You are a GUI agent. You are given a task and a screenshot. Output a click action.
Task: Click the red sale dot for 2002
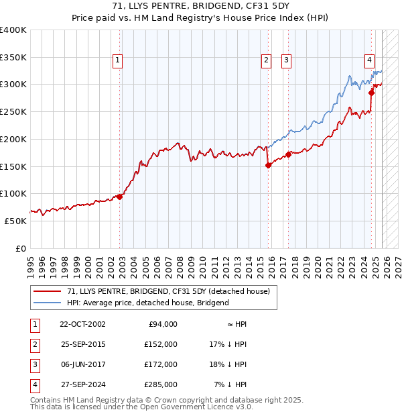[120, 197]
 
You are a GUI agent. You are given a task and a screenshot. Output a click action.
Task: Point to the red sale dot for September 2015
[268, 165]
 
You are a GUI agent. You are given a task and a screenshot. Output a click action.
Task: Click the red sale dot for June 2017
[288, 154]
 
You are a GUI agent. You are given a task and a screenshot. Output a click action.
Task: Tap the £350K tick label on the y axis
[13, 57]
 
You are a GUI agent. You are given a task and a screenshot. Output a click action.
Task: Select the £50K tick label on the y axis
[15, 221]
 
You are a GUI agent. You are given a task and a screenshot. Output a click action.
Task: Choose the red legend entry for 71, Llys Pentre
[168, 291]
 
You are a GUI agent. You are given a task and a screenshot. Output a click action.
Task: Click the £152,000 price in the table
[161, 344]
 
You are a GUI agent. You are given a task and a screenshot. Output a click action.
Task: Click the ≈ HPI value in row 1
[237, 324]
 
